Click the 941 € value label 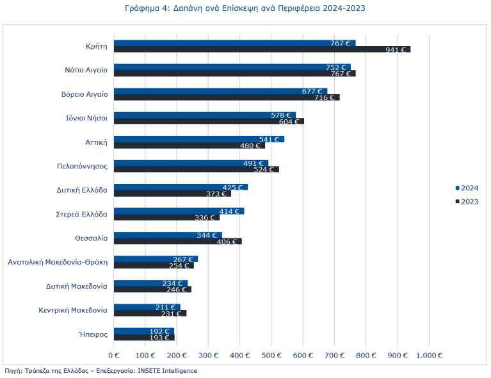(396, 49)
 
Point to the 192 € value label (162, 331)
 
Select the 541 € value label (269, 139)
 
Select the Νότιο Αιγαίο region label (86, 70)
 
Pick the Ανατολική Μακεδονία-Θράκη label (58, 262)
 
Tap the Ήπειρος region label (93, 334)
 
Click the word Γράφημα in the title (143, 8)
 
